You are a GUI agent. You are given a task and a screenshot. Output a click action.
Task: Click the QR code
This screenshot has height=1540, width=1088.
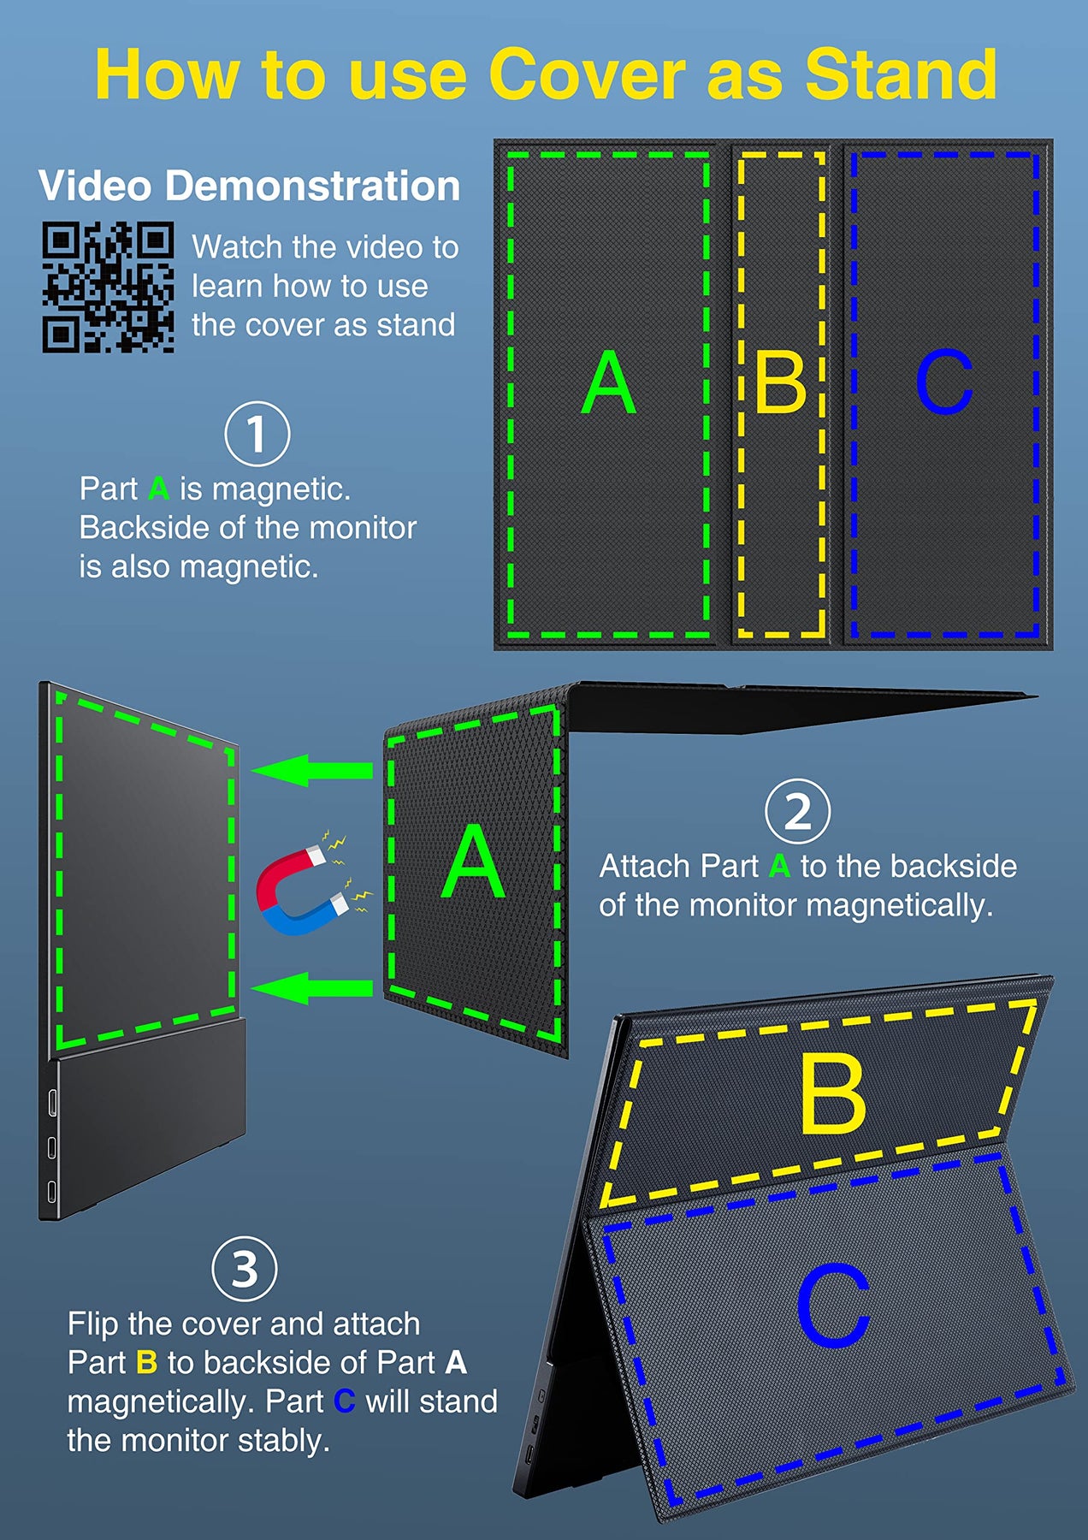pyautogui.click(x=109, y=287)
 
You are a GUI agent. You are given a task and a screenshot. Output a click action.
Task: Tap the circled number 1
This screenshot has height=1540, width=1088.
pyautogui.click(x=257, y=434)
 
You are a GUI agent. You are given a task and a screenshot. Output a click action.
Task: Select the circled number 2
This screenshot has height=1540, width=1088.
pyautogui.click(x=797, y=811)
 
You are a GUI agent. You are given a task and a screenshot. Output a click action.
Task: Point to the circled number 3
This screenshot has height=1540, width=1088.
pyautogui.click(x=245, y=1269)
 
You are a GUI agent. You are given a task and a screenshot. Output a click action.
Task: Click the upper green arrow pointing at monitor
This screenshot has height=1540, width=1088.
pyautogui.click(x=312, y=770)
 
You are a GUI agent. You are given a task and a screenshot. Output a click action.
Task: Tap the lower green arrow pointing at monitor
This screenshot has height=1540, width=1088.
pyautogui.click(x=312, y=988)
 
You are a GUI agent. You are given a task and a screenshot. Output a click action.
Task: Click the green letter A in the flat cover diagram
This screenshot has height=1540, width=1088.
pyautogui.click(x=608, y=382)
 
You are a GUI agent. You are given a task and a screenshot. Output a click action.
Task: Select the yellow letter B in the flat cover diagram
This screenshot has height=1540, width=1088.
pyautogui.click(x=780, y=382)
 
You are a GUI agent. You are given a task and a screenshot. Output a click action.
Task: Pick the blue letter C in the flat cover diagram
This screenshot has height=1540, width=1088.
pyautogui.click(x=944, y=382)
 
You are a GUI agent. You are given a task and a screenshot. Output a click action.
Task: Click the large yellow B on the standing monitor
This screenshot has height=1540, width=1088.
pyautogui.click(x=832, y=1093)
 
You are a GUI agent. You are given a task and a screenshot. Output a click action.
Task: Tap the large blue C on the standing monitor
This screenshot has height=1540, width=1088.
pyautogui.click(x=832, y=1305)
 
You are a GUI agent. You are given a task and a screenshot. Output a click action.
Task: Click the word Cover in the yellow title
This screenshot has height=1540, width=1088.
pyautogui.click(x=588, y=74)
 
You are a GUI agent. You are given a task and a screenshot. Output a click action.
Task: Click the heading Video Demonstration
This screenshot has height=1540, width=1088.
pyautogui.click(x=249, y=186)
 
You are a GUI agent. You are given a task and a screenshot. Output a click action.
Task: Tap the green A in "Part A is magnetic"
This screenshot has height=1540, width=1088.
pyautogui.click(x=158, y=489)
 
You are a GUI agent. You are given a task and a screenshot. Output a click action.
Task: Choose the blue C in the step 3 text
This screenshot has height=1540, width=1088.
pyautogui.click(x=344, y=1401)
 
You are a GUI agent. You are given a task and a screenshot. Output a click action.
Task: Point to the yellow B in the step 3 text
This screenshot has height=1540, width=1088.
pyautogui.click(x=147, y=1362)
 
